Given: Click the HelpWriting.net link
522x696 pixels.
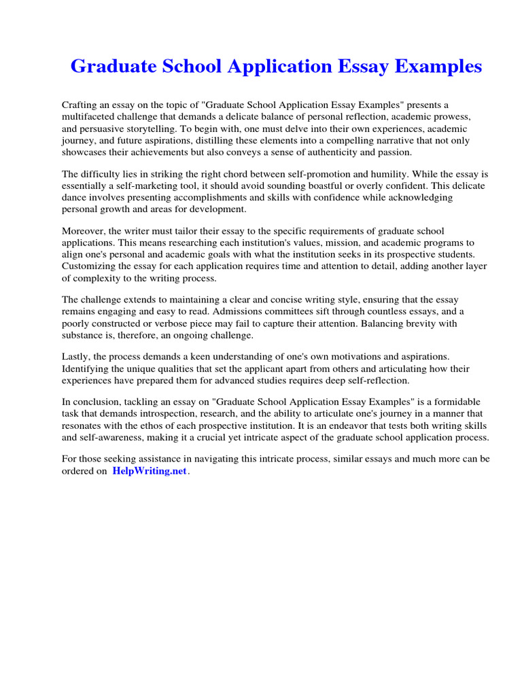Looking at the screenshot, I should tap(150, 471).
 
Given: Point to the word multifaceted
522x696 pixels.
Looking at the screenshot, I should tap(88, 116).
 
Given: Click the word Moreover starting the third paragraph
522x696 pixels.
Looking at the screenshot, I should tap(84, 231).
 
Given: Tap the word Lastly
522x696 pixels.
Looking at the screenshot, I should tap(76, 356).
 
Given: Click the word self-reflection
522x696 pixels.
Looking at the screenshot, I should tap(375, 380).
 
